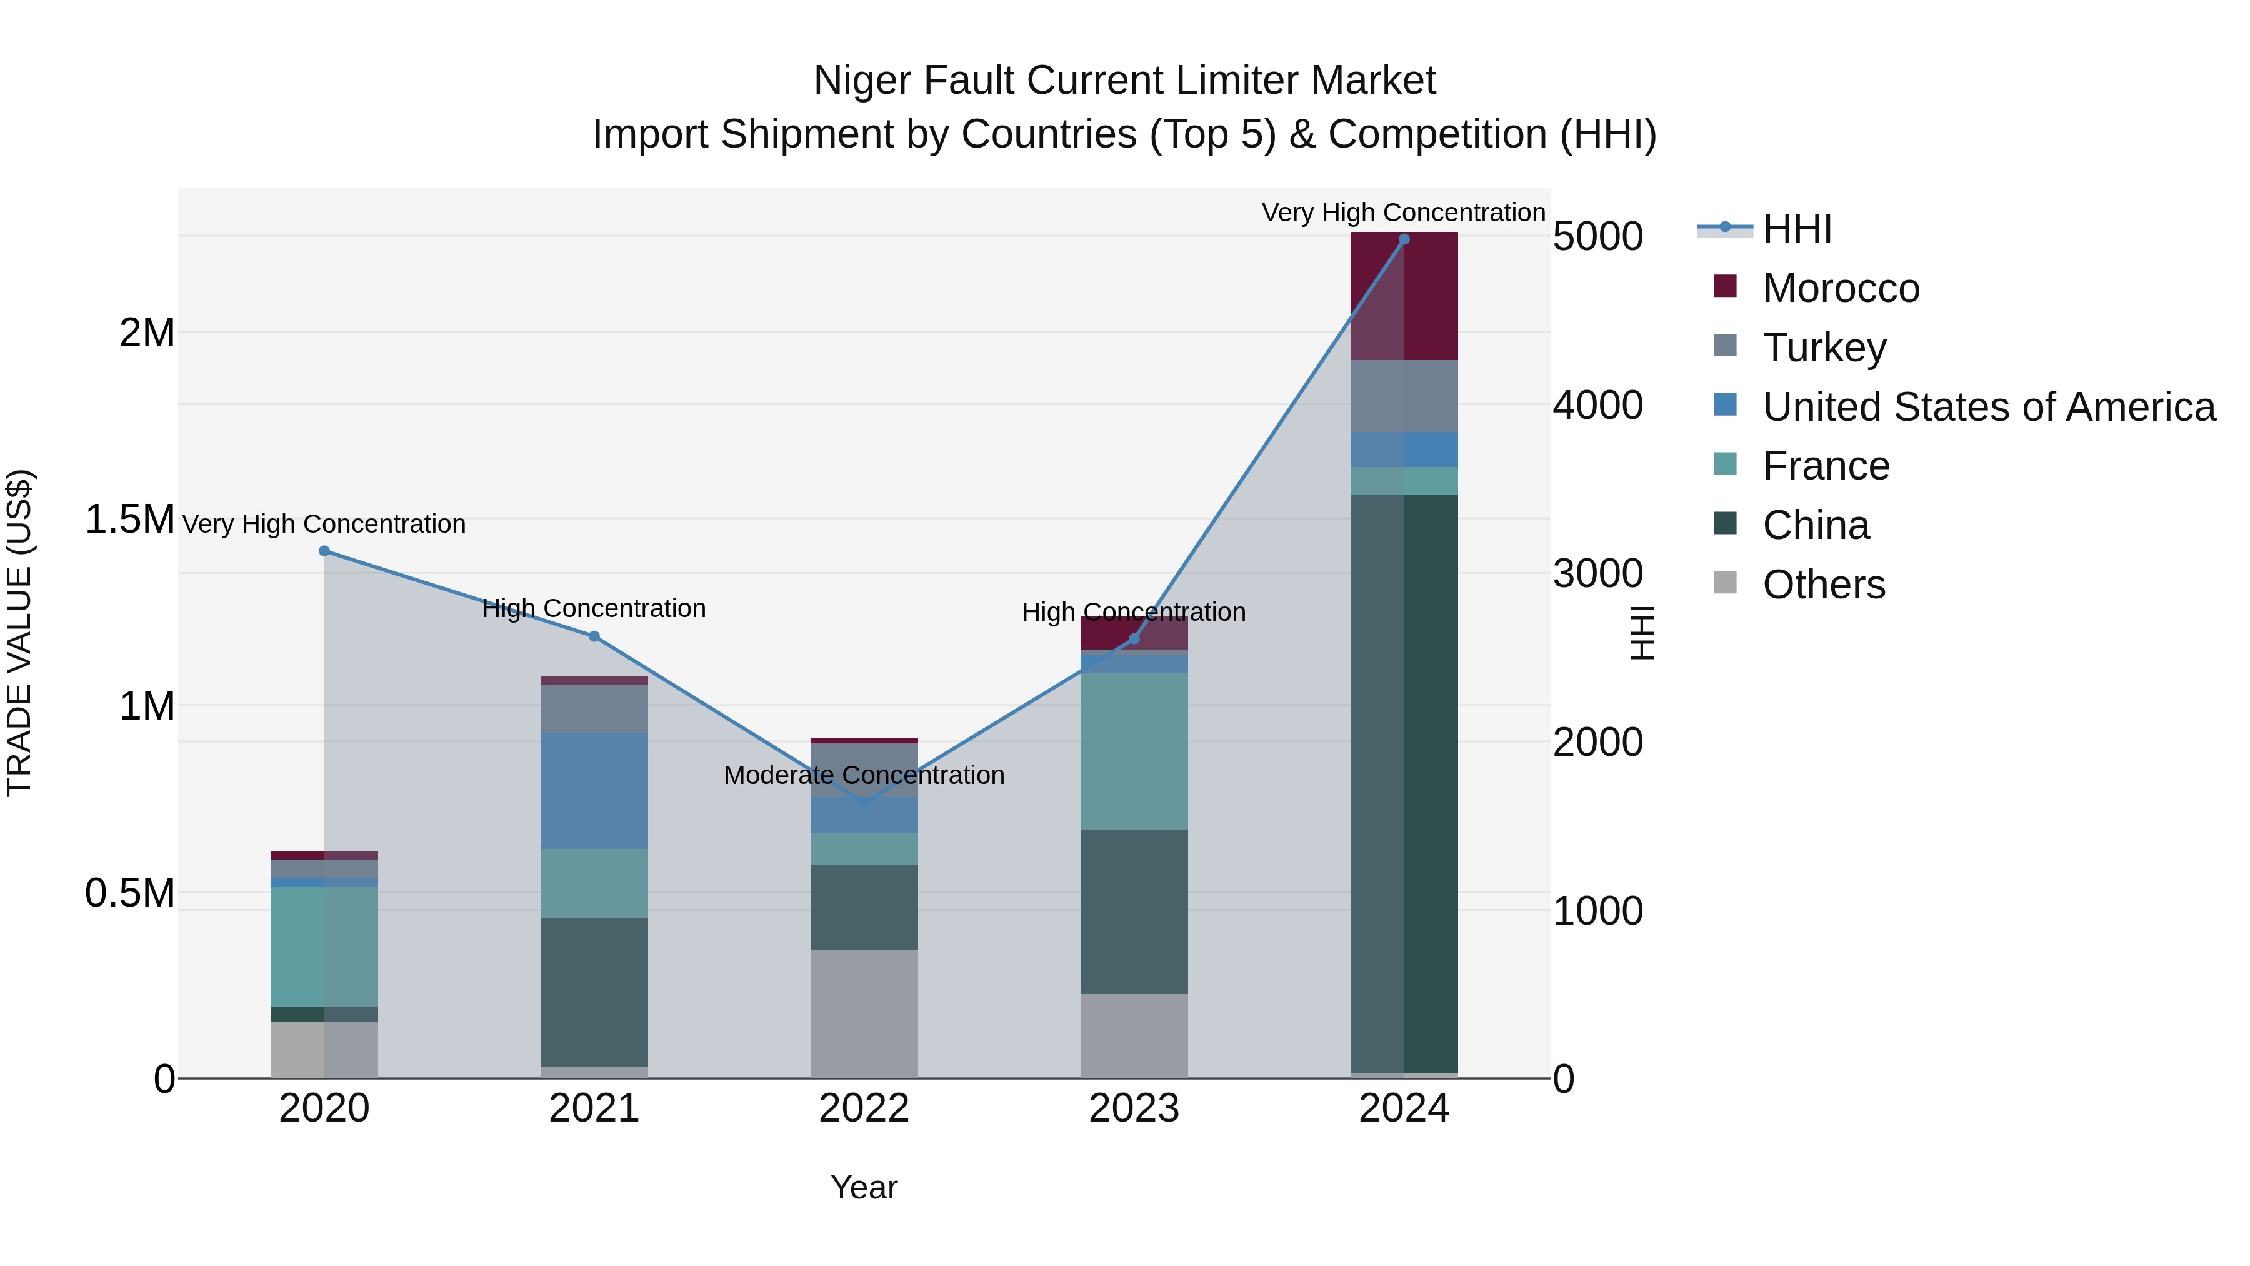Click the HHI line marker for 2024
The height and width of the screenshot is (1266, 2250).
pyautogui.click(x=1404, y=239)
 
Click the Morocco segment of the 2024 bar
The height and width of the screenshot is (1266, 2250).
pyautogui.click(x=1404, y=296)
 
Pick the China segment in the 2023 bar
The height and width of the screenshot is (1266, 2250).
pyautogui.click(x=1134, y=912)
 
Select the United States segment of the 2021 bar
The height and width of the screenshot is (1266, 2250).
pyautogui.click(x=594, y=791)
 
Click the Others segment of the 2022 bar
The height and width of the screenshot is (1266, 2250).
pyautogui.click(x=864, y=1013)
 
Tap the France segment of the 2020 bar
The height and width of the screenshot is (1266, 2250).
pyautogui.click(x=324, y=947)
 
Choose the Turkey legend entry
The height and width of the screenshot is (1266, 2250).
pyautogui.click(x=1824, y=347)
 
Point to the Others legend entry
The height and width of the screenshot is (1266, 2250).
pyautogui.click(x=1823, y=585)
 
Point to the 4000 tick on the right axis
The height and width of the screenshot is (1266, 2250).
pyautogui.click(x=1597, y=405)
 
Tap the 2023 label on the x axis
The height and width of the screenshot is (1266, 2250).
pyautogui.click(x=1134, y=1108)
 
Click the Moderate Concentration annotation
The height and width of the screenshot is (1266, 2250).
pyautogui.click(x=864, y=775)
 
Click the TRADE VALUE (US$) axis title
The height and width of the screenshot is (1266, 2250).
pyautogui.click(x=20, y=633)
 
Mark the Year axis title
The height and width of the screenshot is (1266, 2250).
pyautogui.click(x=864, y=1187)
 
